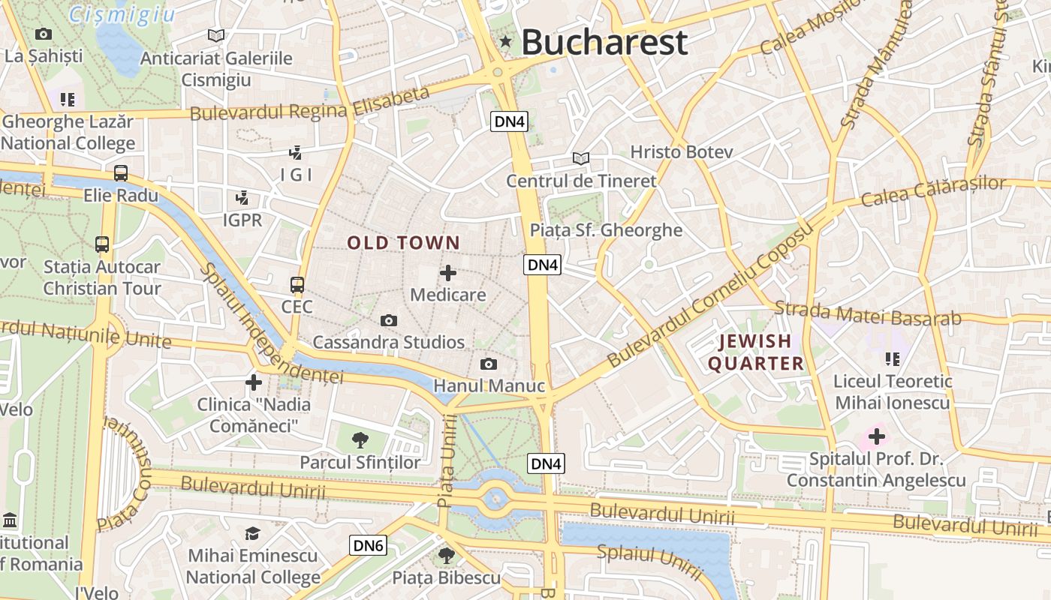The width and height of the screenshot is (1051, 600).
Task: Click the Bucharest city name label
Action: (x=604, y=42)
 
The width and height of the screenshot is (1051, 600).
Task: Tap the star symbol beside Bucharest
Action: (x=506, y=42)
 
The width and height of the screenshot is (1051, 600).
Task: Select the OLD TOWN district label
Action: (x=403, y=243)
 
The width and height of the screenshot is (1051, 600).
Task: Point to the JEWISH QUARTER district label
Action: (x=756, y=352)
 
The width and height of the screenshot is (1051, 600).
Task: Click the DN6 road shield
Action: (x=368, y=545)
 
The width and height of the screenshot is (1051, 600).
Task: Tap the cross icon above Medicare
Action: (x=448, y=273)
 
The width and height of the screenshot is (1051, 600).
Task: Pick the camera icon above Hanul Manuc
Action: (x=489, y=364)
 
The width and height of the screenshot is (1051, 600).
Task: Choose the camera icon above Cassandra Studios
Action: (x=388, y=321)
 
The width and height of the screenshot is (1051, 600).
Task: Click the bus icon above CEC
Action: (x=297, y=285)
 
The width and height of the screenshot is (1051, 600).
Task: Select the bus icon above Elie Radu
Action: (x=121, y=174)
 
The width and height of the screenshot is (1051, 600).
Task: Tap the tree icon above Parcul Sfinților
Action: (x=360, y=440)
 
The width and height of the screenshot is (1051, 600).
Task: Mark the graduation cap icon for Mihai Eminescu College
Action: (x=253, y=533)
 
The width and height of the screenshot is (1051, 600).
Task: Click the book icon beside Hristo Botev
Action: (x=580, y=158)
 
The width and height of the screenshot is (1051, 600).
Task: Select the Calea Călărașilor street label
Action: (x=933, y=191)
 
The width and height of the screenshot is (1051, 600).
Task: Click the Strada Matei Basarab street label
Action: (x=867, y=313)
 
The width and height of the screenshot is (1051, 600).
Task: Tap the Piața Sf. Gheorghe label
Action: (x=606, y=230)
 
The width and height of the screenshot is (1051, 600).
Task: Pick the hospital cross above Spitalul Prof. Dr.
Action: (x=876, y=436)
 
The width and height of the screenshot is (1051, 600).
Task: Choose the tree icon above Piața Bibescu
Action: (x=447, y=556)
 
